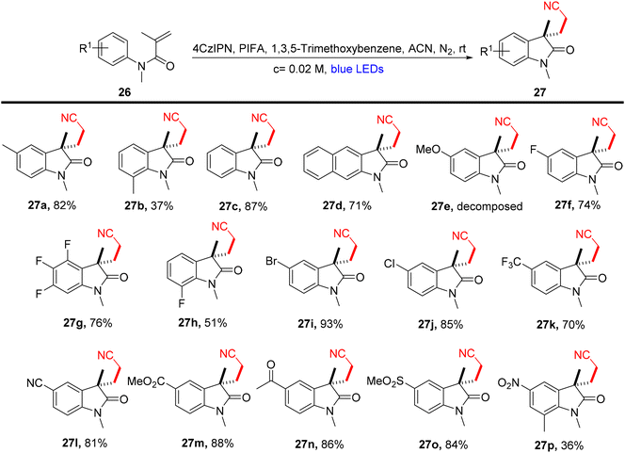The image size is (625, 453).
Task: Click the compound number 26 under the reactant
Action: click(124, 92)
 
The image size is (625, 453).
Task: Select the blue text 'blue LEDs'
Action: click(357, 70)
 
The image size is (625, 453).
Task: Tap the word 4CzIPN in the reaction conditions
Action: click(209, 49)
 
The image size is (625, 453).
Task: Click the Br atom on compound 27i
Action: click(272, 261)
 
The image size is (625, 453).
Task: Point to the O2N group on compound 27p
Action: click(509, 383)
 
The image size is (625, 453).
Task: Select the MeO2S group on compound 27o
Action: click(385, 381)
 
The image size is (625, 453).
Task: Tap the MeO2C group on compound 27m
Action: click(146, 381)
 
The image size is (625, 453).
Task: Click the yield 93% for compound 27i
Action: click(331, 324)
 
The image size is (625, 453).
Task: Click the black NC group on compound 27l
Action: click(34, 383)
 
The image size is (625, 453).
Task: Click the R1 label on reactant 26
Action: click(85, 49)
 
